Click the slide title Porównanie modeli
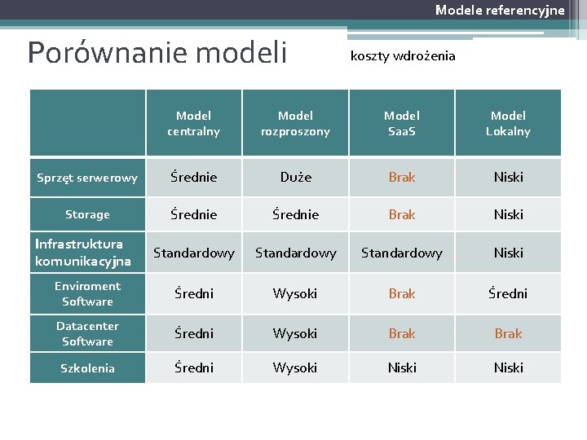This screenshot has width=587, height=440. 157,53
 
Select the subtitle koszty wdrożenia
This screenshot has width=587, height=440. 403,56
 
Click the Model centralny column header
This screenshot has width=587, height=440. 193,123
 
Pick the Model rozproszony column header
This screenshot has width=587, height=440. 295,123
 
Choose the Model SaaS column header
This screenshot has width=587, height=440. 401,123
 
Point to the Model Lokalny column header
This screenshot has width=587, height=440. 508,123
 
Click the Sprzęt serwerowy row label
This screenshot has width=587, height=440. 87,178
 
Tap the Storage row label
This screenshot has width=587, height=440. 87,215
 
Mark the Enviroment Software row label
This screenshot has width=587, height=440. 87,293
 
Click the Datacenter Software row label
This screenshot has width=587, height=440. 87,333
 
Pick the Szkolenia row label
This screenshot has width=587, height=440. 87,368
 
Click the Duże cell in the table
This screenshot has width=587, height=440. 295,177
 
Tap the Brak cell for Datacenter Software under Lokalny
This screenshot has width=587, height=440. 508,333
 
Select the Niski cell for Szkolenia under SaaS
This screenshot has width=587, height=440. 401,368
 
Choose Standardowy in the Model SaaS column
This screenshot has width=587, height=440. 401,253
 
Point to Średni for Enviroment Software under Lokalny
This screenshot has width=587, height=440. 508,293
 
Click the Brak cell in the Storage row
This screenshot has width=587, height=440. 401,215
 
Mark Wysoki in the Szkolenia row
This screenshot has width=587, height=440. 295,368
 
